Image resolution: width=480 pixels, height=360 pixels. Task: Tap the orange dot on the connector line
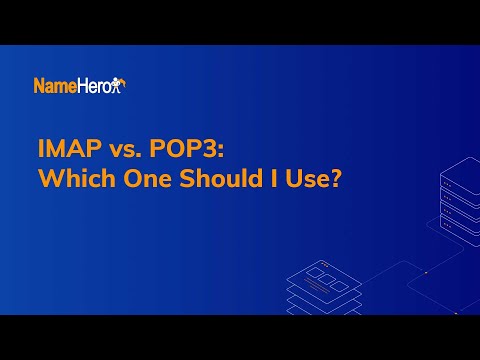(424, 272)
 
